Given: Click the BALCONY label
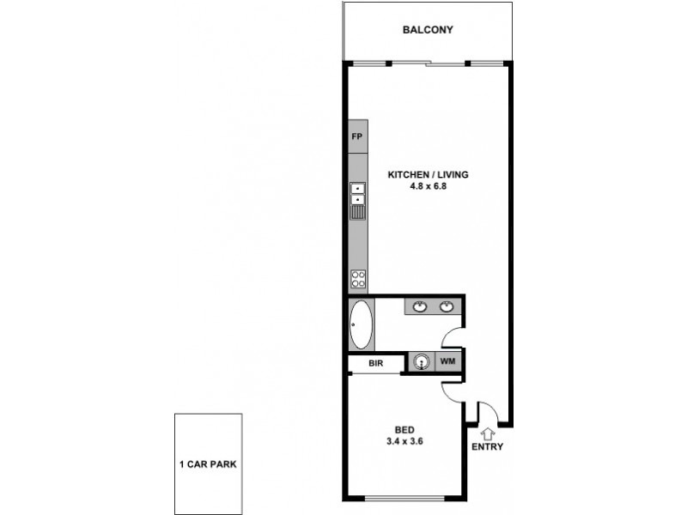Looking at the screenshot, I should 428,30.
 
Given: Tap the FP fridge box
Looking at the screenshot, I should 357,137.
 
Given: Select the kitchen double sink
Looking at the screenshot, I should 357,202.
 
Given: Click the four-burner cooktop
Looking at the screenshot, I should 357,278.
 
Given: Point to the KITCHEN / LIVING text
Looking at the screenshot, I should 428,174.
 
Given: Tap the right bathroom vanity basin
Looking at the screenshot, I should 447,306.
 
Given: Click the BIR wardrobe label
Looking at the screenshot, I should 375,363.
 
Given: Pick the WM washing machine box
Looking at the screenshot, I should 447,362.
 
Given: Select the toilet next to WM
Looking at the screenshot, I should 421,362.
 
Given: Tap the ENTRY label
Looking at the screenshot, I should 487,447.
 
